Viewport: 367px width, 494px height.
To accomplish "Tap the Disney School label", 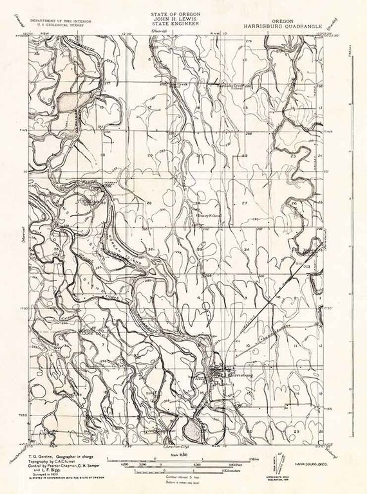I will (x=209, y=216).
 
